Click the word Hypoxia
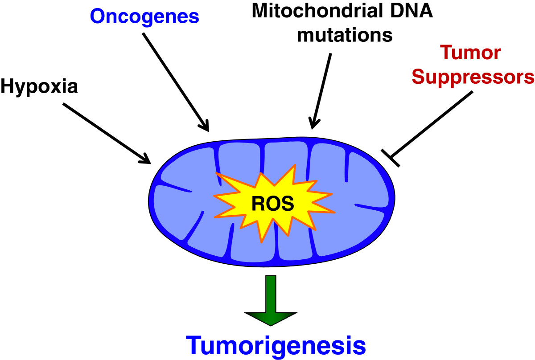[x=39, y=87]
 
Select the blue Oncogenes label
[x=144, y=16]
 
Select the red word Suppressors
[x=473, y=77]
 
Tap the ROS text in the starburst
[x=272, y=204]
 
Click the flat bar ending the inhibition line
[x=391, y=158]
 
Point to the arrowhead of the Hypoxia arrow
[x=145, y=158]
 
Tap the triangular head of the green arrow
[x=271, y=318]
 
